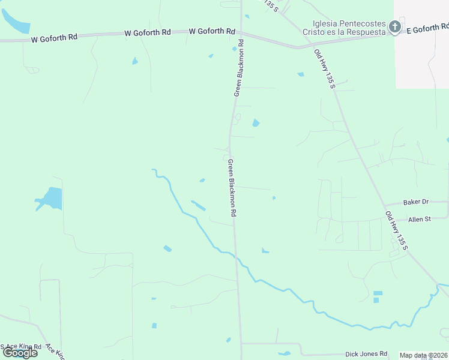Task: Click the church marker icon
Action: pos(394,26)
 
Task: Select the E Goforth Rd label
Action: pos(427,28)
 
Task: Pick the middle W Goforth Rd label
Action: pos(148,33)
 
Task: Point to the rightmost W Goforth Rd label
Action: pos(212,31)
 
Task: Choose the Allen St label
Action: pos(420,220)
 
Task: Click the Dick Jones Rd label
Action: pos(366,354)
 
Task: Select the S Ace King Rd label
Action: pos(22,347)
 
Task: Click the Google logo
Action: pos(20,353)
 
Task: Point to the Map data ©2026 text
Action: pos(424,355)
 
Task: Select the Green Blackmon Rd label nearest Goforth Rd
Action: pos(238,68)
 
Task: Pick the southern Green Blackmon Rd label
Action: pos(231,188)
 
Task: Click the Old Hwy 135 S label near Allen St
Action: pos(396,231)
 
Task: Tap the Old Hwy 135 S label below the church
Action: pos(324,69)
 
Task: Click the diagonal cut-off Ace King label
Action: pos(55,352)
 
